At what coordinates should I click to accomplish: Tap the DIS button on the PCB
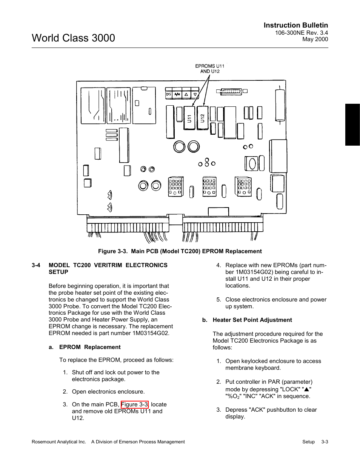169,94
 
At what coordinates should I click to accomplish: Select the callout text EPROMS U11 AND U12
209,69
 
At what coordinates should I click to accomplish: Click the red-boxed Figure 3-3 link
135,404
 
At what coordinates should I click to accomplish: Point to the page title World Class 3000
74,38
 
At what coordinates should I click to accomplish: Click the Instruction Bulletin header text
295,25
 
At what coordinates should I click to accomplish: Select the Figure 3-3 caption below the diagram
180,251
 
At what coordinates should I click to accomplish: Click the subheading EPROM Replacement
90,347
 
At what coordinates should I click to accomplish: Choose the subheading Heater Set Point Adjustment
252,320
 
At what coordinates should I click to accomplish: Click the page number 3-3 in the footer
325,442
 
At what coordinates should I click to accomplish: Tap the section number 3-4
36,265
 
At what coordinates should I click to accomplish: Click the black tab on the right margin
352,125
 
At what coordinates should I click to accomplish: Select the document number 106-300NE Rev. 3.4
301,33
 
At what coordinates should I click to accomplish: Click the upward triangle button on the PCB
186,94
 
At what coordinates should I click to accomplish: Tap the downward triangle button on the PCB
195,94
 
